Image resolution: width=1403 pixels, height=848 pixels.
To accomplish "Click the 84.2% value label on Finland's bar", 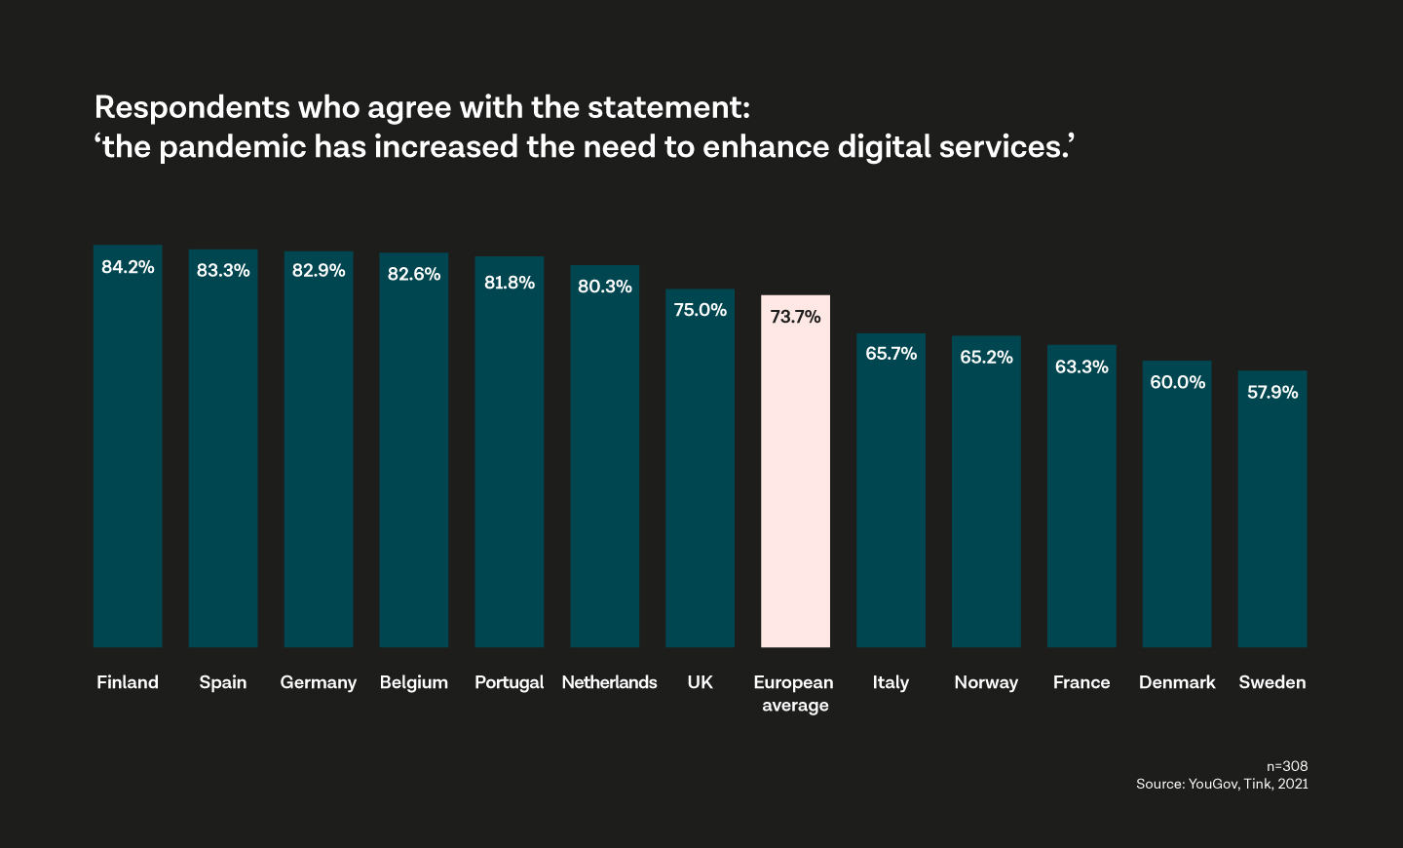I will [128, 267].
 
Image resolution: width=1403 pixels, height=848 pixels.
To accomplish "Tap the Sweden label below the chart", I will [1271, 682].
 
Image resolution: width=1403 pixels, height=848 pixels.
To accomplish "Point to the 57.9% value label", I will [1272, 392].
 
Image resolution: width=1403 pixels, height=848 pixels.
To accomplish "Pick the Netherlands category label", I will [609, 682].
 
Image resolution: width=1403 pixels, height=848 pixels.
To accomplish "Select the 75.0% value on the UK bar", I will [700, 310].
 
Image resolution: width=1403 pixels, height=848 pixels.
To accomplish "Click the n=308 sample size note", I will [1286, 766].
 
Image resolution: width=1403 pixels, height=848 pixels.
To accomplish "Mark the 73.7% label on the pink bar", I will [795, 317].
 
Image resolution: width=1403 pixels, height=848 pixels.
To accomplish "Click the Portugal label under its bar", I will [509, 682].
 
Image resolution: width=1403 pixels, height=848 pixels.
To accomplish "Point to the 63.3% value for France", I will [1081, 366].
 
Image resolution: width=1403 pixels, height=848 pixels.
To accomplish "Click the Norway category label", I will [986, 682].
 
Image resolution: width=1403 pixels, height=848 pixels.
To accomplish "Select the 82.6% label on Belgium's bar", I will [414, 274].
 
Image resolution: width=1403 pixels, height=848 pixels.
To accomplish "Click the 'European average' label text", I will [794, 693].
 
